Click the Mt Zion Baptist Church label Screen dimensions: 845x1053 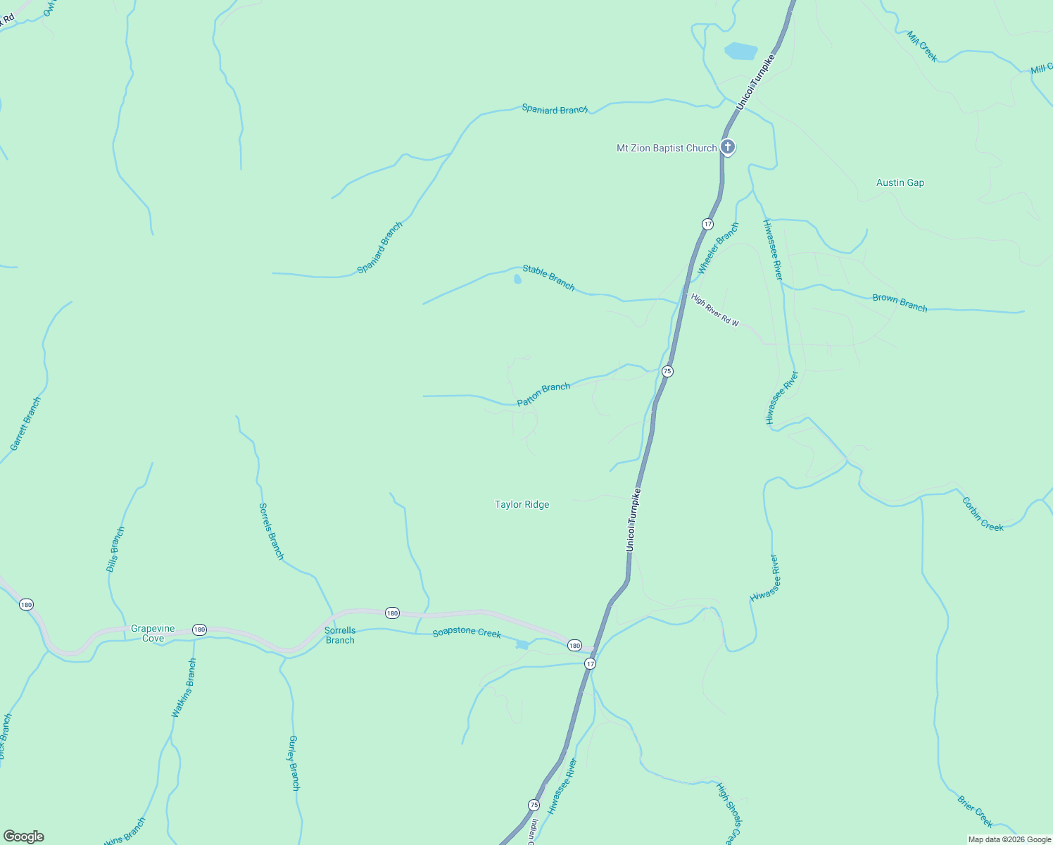[666, 148]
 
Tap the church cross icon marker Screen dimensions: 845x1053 [728, 147]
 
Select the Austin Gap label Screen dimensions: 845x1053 [900, 182]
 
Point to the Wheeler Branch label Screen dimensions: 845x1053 [718, 249]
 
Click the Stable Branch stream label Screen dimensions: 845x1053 [548, 277]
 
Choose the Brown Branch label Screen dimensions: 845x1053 [900, 302]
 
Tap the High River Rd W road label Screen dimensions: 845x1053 [714, 310]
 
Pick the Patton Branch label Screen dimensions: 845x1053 [543, 394]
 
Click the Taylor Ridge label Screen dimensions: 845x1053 [522, 504]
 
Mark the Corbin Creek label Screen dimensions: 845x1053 [983, 514]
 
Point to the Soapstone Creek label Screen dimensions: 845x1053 [467, 632]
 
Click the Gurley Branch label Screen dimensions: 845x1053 [294, 763]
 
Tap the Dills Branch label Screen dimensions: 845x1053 [115, 549]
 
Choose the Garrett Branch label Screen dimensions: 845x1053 [25, 424]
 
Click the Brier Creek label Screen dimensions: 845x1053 [975, 811]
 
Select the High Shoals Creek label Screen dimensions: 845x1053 [729, 813]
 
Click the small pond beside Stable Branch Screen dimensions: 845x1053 [517, 280]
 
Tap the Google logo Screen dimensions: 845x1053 [24, 837]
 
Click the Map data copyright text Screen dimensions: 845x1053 [1009, 839]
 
